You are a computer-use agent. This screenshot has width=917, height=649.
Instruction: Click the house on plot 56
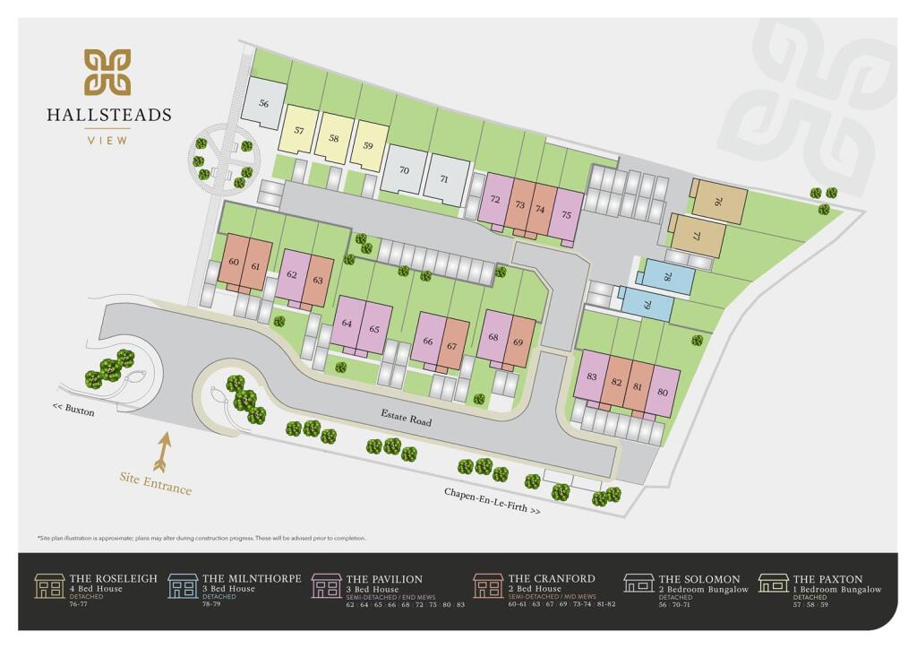tap(264, 104)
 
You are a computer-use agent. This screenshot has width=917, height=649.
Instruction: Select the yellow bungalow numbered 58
tap(334, 138)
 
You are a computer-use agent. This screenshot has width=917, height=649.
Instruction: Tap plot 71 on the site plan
tap(445, 178)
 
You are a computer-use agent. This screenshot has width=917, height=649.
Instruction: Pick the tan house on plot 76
tap(718, 203)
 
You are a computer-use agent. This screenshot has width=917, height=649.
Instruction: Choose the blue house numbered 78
tap(667, 277)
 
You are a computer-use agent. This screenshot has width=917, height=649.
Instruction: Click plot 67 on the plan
tap(452, 345)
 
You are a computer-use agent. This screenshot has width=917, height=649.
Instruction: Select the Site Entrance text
tap(156, 482)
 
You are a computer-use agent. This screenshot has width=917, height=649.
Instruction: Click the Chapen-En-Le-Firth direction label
tap(493, 500)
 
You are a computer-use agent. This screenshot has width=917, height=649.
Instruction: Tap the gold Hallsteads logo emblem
tap(107, 73)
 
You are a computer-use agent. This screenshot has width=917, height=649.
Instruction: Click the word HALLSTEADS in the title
tap(109, 115)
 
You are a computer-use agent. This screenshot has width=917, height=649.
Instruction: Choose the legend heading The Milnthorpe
tap(252, 579)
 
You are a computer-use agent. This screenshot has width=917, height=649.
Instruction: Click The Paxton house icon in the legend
tap(773, 584)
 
